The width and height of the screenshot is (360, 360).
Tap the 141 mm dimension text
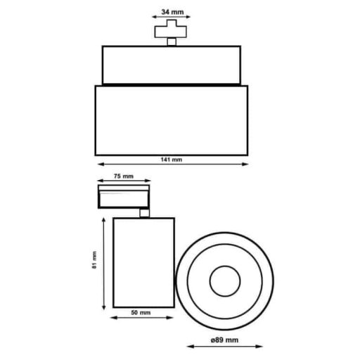pos(171,159)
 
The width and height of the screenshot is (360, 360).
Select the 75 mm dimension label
pos(123,176)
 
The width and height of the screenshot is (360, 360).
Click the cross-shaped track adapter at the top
pos(172,31)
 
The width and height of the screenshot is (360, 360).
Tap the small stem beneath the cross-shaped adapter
pos(172,41)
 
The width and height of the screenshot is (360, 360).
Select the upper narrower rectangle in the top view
pos(172,64)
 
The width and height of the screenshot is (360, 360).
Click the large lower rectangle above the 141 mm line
pos(172,120)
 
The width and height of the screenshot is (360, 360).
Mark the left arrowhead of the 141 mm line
pos(97,165)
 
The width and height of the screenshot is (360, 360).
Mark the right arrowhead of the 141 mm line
pos(246,165)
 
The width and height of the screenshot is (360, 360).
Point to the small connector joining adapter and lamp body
pos(144,213)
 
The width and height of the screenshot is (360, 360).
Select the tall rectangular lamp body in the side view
pos(143,262)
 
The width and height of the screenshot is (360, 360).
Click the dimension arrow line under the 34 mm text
pos(172,19)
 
